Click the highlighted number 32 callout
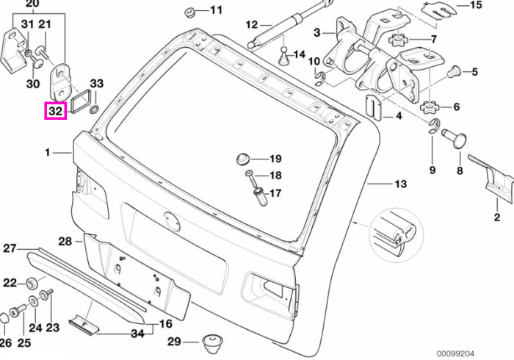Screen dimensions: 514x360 [55, 111]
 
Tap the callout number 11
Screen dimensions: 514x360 [216, 10]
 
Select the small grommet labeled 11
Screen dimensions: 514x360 [189, 13]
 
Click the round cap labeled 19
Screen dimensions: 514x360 [242, 159]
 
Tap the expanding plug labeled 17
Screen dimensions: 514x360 [261, 196]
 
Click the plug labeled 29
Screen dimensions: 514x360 [211, 344]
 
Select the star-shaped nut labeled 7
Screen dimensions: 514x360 [397, 40]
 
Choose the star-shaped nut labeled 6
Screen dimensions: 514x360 [429, 107]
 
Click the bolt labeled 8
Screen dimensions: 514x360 [455, 137]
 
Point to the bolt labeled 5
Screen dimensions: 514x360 [455, 71]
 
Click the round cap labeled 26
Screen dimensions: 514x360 [4, 318]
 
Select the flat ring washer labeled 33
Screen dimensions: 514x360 [94, 109]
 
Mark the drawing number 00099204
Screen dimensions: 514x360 [455, 354]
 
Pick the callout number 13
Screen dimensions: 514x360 [400, 184]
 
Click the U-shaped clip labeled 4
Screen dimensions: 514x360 [373, 107]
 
